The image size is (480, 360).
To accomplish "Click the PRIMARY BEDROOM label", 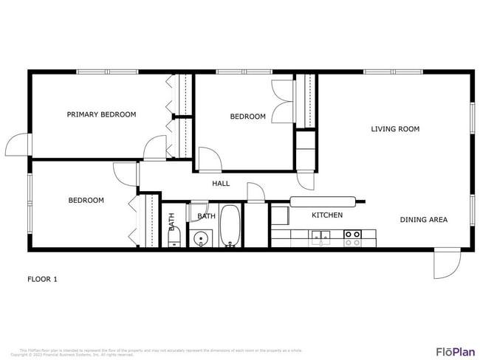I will (x=102, y=114).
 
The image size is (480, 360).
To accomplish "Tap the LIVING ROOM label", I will (x=395, y=129).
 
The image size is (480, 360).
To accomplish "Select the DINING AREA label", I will (x=424, y=219).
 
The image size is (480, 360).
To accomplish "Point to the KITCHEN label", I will (x=327, y=215).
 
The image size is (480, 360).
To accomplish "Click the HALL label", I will (x=221, y=184).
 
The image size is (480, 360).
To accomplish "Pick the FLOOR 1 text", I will (x=42, y=279).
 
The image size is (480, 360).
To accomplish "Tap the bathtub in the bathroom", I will (x=230, y=226).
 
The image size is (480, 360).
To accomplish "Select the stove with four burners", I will (x=353, y=238).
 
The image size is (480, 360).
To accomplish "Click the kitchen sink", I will (x=320, y=237).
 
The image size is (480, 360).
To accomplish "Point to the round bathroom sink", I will (x=201, y=238).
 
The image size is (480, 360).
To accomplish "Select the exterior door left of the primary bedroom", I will (x=17, y=145).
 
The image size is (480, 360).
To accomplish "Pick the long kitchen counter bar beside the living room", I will (x=326, y=201).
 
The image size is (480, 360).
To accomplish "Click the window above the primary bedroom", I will (x=108, y=72).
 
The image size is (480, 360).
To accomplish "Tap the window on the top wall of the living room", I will (x=393, y=72).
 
